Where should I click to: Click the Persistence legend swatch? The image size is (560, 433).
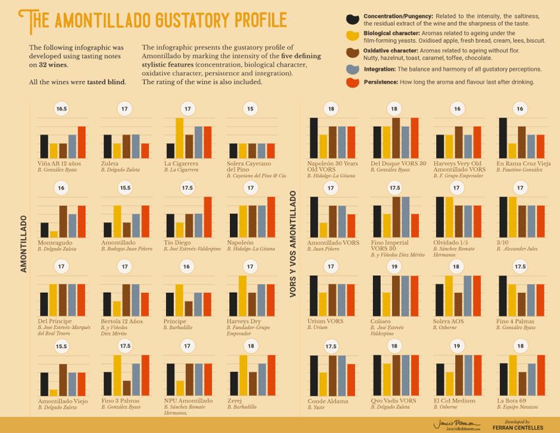(x=352, y=83)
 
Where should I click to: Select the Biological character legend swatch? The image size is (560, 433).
(x=352, y=36)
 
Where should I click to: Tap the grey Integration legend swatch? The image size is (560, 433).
(x=352, y=68)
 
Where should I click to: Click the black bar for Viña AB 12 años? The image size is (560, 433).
(x=44, y=147)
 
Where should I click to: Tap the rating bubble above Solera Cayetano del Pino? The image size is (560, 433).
(x=250, y=109)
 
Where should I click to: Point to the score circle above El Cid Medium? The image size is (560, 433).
(x=457, y=345)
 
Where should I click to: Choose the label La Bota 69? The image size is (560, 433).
(x=512, y=400)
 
